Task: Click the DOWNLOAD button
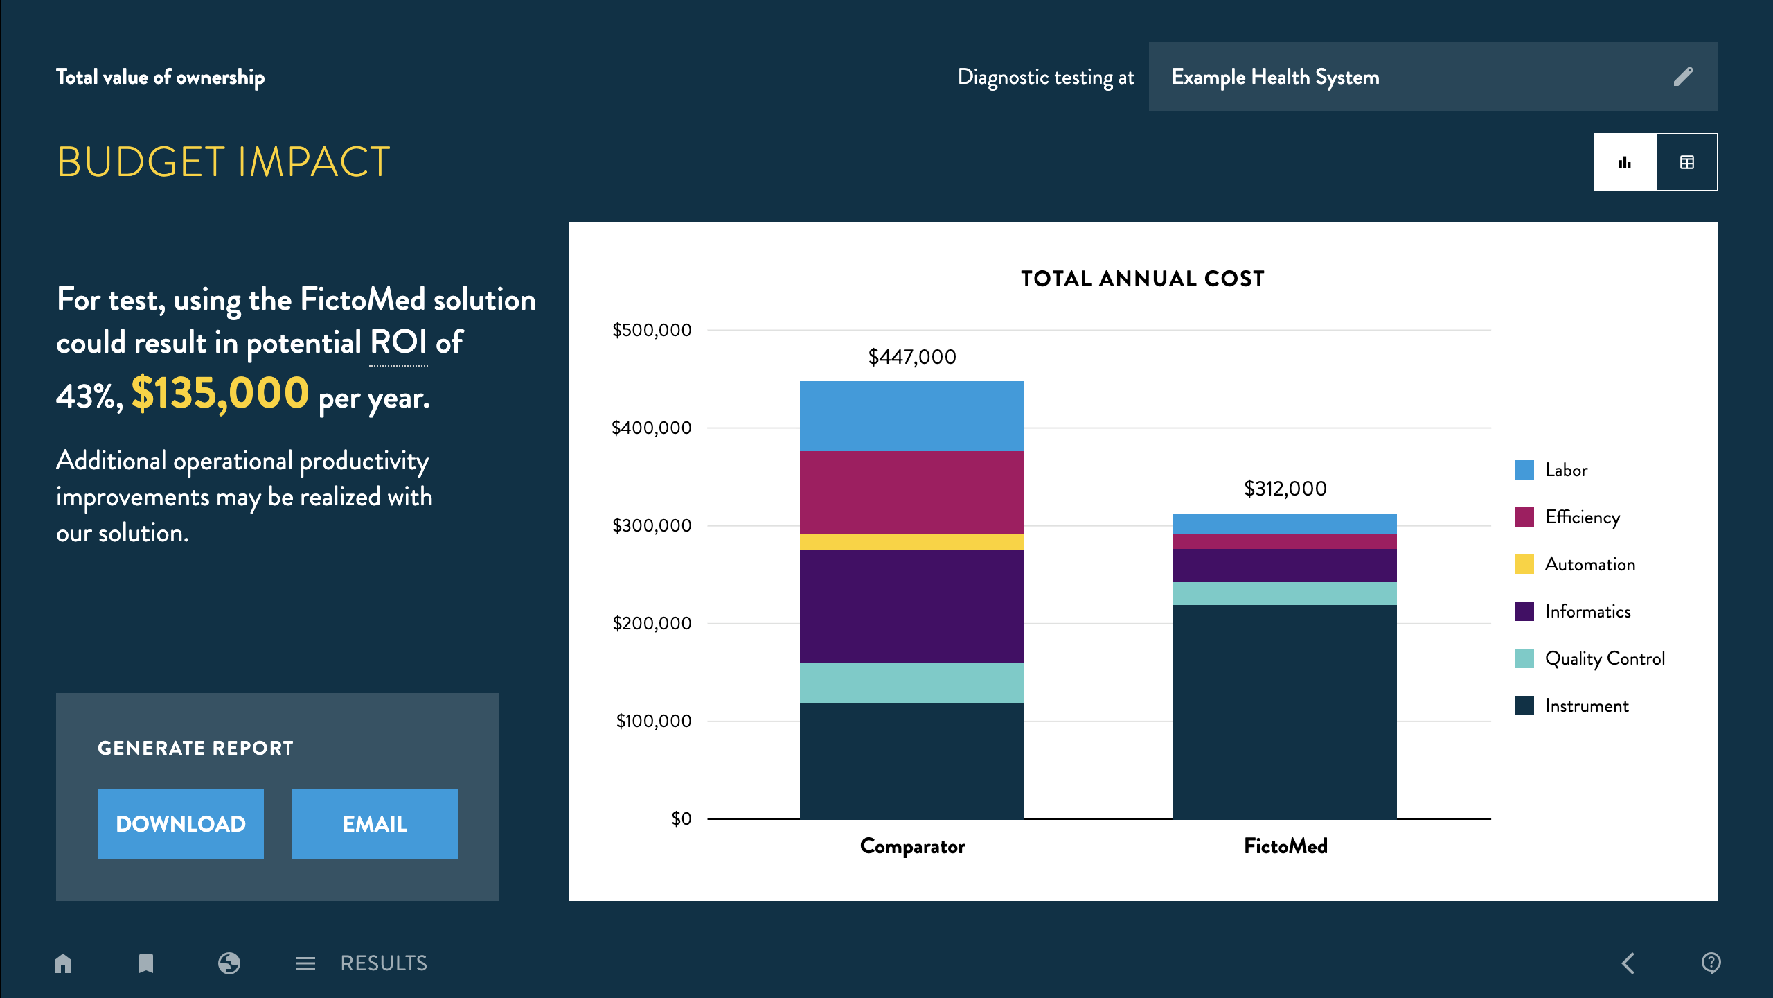(180, 823)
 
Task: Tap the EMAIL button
(374, 823)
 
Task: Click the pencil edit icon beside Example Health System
(1683, 76)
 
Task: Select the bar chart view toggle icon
(1625, 162)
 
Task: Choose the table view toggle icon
(1687, 162)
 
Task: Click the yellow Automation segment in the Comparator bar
(911, 542)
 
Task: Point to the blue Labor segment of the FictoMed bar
(1285, 524)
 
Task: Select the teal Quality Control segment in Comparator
(911, 683)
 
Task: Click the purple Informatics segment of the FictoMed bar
(1285, 566)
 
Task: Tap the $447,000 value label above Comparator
(911, 357)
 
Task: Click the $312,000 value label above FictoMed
(1285, 489)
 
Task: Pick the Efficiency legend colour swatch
(1524, 517)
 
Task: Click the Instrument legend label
(1587, 706)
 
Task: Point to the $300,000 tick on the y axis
(652, 525)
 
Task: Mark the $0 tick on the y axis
(681, 818)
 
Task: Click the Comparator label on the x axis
(912, 846)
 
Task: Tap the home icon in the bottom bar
(63, 963)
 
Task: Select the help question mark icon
(1711, 963)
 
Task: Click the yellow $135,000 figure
(220, 393)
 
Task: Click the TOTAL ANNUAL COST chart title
(1143, 279)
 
